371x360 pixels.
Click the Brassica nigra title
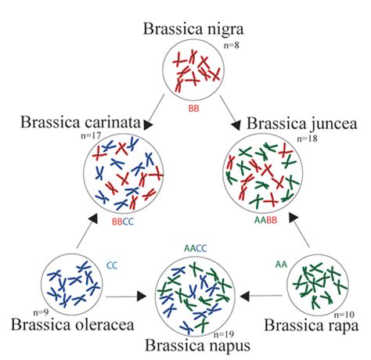tap(193, 29)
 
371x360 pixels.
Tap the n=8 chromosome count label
tap(232, 45)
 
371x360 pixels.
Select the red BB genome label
tap(194, 108)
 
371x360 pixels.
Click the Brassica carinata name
tap(81, 122)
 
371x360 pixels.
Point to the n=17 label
tap(91, 135)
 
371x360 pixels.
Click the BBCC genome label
tap(123, 221)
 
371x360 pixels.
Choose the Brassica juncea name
tap(302, 124)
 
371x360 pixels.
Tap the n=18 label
tap(308, 139)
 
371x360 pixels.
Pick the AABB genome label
tap(265, 220)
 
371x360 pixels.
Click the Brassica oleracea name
tap(73, 325)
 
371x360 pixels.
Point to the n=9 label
tap(41, 312)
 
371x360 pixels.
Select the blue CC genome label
tap(112, 265)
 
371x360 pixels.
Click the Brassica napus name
tap(198, 345)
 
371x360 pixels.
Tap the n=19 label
tap(224, 334)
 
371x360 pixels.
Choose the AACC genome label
tap(196, 248)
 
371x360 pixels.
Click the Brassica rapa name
tap(312, 326)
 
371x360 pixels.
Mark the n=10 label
tap(344, 315)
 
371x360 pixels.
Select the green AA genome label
tap(281, 265)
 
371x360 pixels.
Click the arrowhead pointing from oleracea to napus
tap(142, 297)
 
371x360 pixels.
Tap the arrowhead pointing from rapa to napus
tap(245, 297)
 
